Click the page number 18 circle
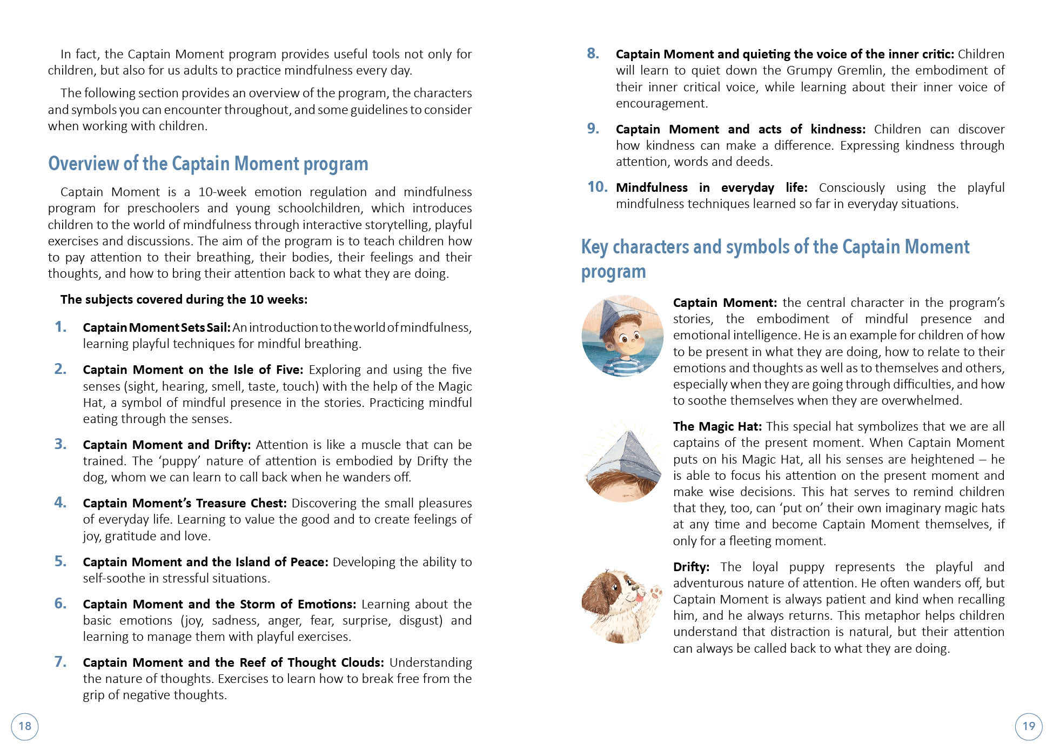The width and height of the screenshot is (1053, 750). click(x=25, y=726)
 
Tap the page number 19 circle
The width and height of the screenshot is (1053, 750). click(x=1029, y=726)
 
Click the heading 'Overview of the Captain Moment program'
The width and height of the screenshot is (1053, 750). click(x=208, y=164)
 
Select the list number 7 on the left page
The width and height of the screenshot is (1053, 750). click(x=61, y=662)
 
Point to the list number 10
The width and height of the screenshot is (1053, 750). click(x=597, y=187)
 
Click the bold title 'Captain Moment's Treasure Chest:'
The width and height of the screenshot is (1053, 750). click(x=184, y=503)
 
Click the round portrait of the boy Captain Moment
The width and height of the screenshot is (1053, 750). click(x=622, y=336)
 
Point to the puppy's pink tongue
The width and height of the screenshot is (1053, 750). click(x=640, y=597)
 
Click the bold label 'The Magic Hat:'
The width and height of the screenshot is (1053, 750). click(x=717, y=426)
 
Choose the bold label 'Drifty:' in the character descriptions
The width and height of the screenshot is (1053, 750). click(x=691, y=567)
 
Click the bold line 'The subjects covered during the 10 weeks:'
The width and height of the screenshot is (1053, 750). click(x=184, y=299)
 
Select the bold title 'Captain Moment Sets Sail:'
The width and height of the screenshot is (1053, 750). click(x=157, y=327)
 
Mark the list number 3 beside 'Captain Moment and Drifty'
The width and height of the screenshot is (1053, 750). click(x=61, y=444)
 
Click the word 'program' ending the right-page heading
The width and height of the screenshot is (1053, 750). click(x=613, y=272)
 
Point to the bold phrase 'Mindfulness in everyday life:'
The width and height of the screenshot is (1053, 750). click(x=712, y=188)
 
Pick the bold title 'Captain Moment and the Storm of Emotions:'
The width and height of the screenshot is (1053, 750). click(x=219, y=604)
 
